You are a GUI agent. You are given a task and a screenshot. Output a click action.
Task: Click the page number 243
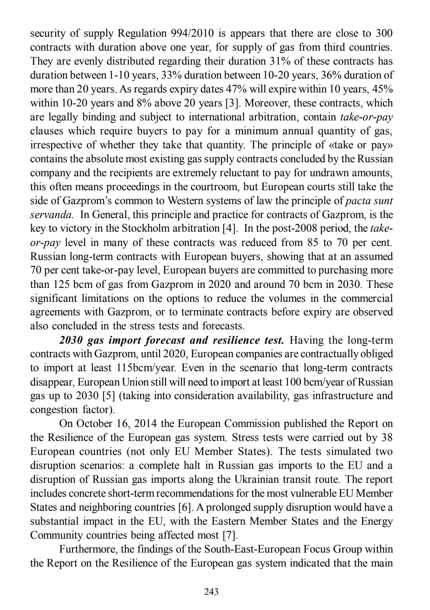coord(211,592)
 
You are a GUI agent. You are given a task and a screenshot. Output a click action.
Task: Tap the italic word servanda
coord(51,214)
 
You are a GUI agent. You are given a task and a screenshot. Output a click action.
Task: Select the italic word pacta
coord(358,201)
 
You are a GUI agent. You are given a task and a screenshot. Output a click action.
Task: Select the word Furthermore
coord(88,549)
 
